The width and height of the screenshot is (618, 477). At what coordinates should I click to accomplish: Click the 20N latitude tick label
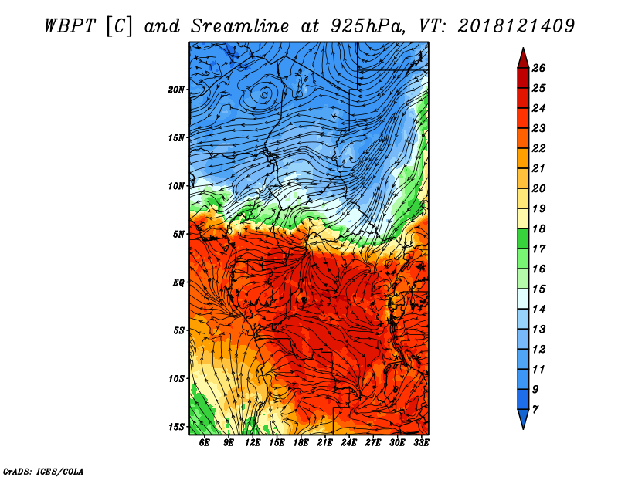(x=176, y=90)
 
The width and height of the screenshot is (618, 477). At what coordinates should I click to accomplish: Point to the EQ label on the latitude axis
(x=178, y=282)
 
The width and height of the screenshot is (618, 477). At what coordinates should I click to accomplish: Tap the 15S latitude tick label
(x=176, y=427)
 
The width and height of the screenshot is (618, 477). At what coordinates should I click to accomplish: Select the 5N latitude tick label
(x=178, y=235)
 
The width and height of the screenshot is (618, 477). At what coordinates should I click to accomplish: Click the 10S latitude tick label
(x=176, y=379)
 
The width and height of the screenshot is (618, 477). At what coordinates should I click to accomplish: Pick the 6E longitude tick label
(x=204, y=443)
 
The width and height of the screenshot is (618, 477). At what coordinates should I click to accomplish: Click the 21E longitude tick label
(x=324, y=443)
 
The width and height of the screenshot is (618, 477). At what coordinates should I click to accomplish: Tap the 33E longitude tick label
(x=421, y=443)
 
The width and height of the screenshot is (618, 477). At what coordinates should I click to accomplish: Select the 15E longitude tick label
(x=277, y=443)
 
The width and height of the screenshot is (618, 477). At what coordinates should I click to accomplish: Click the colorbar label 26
(x=538, y=68)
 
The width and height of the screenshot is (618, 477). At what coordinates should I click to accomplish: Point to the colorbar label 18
(x=538, y=228)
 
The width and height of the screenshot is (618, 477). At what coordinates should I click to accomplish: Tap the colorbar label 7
(x=535, y=410)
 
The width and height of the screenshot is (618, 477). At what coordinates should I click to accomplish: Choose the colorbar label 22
(x=538, y=148)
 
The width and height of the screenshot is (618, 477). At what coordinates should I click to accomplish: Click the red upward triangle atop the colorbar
(x=523, y=59)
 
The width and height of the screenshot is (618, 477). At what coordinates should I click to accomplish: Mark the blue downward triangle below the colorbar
(x=523, y=418)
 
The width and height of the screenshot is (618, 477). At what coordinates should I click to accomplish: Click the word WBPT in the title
(x=70, y=26)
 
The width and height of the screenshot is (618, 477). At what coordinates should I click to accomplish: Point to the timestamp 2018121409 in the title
(x=516, y=26)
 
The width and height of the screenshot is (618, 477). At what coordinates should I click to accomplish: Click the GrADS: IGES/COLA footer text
(x=43, y=472)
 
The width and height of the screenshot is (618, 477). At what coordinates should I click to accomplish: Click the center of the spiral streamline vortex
(x=264, y=94)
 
